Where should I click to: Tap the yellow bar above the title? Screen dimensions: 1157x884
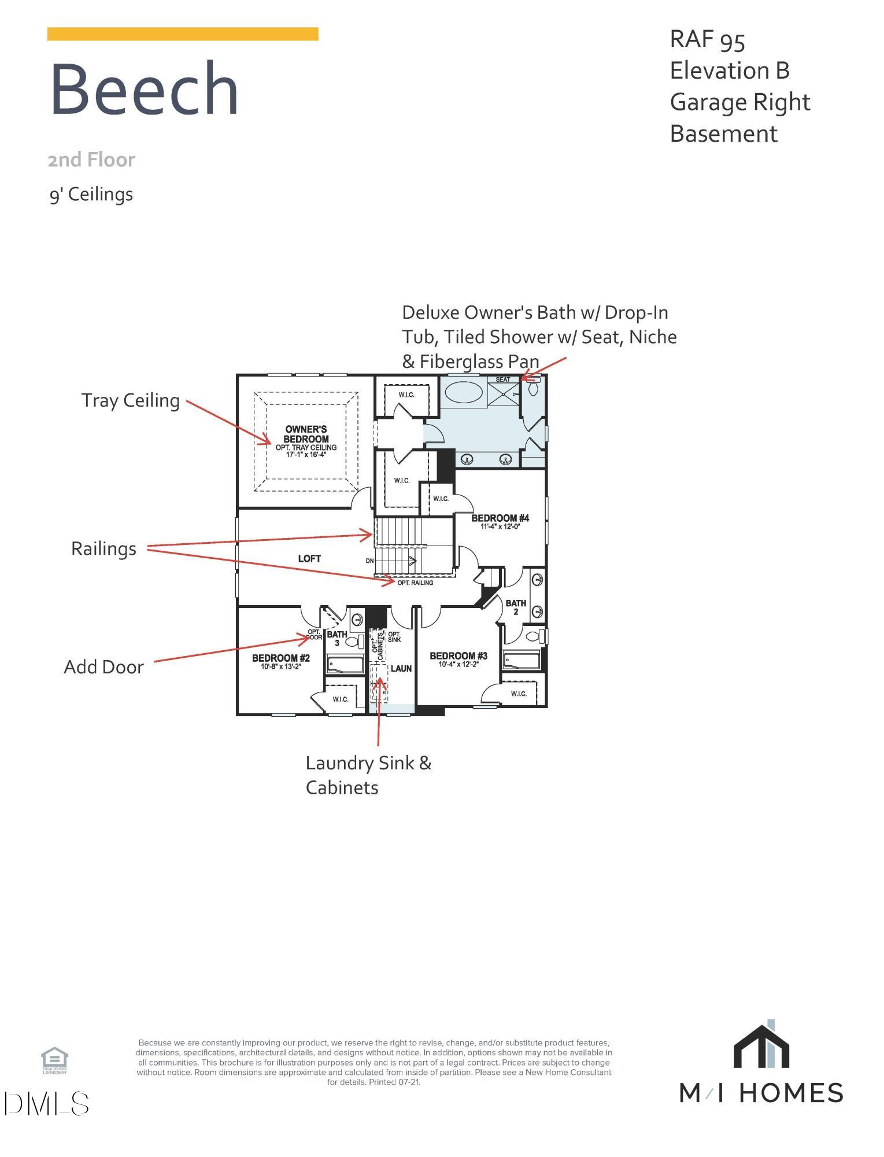[183, 34]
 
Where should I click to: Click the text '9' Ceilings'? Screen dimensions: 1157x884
[91, 194]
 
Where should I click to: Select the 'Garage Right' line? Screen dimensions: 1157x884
[739, 102]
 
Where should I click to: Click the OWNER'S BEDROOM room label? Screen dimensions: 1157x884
[306, 434]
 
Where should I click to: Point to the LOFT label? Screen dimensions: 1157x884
[309, 558]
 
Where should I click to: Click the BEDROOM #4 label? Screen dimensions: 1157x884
[500, 518]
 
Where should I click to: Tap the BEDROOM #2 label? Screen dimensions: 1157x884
[281, 658]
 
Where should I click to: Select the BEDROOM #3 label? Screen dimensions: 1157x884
[458, 656]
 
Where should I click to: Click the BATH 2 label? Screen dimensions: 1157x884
[516, 607]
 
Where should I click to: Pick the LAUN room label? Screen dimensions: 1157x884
[401, 669]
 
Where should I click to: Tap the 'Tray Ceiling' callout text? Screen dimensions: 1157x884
[131, 400]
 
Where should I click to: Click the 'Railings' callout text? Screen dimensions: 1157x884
[104, 548]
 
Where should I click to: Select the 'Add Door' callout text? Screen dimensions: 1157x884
[104, 667]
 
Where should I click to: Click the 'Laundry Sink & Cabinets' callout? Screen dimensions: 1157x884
[368, 775]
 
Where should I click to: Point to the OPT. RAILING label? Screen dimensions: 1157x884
[415, 583]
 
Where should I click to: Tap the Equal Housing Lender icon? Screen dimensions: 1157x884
[54, 1060]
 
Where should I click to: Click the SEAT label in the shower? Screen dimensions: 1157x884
[502, 379]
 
